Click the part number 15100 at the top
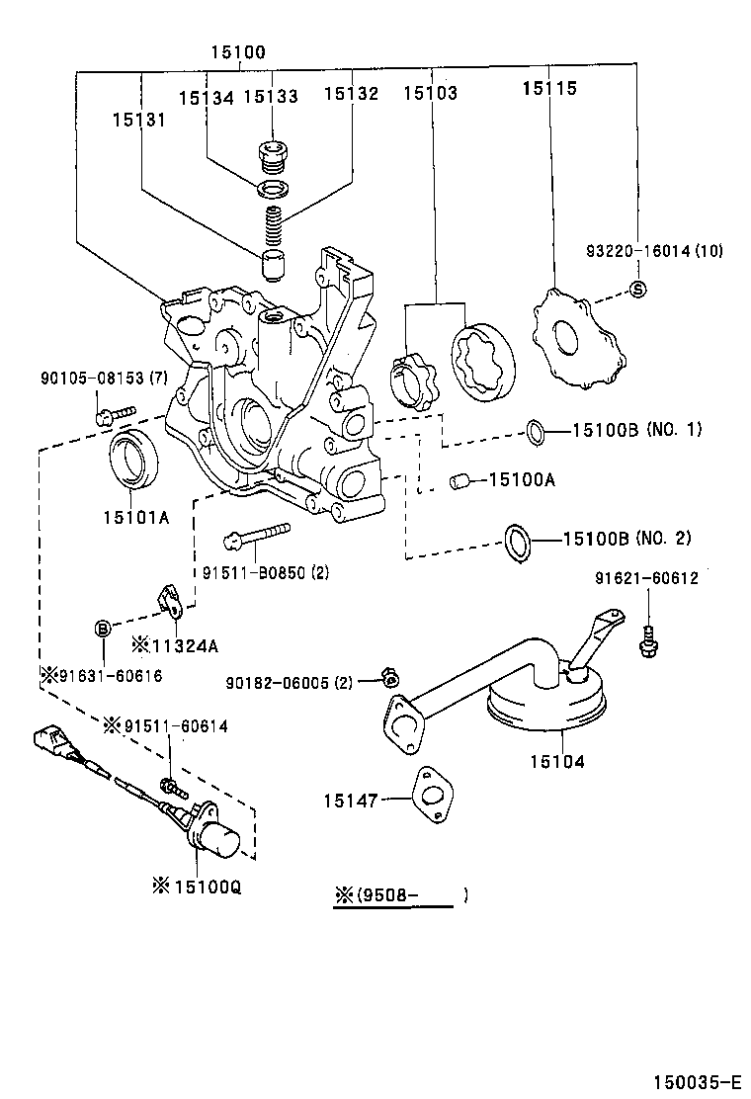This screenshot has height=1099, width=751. [x=237, y=51]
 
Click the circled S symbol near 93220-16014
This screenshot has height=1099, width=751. [x=637, y=290]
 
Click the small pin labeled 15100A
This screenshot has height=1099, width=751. [x=459, y=481]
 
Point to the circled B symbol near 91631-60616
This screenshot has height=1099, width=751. [x=102, y=629]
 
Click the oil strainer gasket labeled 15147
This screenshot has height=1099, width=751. [x=431, y=794]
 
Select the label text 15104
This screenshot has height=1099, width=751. [x=556, y=762]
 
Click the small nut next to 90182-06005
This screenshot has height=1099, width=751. [x=389, y=677]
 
